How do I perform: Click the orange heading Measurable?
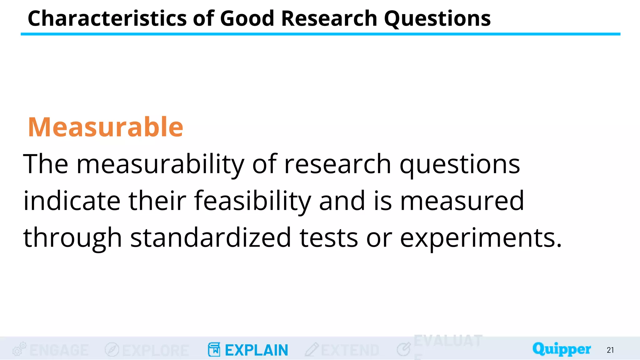106,127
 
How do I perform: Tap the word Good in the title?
247,18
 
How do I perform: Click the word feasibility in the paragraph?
252,201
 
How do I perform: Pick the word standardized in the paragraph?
211,238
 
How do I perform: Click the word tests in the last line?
329,238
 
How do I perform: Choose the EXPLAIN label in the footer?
257,350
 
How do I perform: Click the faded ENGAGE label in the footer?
59,350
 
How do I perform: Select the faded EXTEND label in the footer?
350,350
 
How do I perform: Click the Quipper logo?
562,349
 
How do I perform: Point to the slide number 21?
610,350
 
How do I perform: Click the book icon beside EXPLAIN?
214,350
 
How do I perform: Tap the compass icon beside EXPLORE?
112,350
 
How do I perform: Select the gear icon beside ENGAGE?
19,349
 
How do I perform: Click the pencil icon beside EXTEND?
312,350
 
